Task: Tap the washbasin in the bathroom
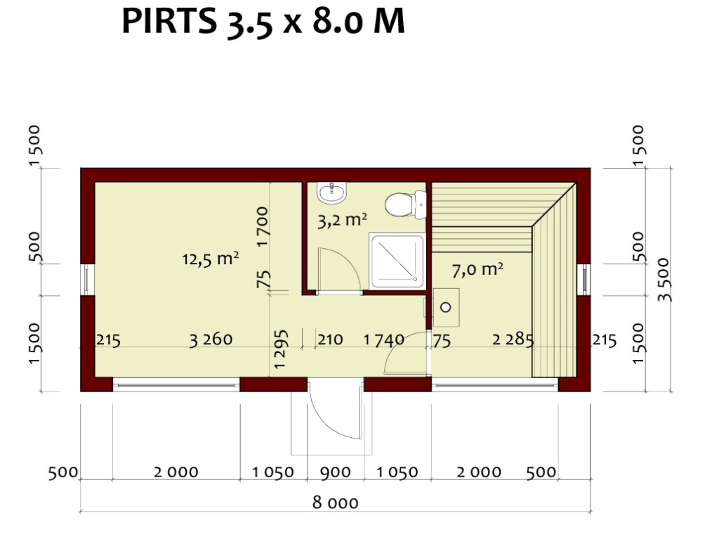click(x=332, y=193)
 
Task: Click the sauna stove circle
click(x=445, y=307)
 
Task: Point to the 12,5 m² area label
click(x=211, y=259)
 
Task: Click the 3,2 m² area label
click(x=342, y=220)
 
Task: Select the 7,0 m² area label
click(x=477, y=270)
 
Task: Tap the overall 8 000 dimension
click(x=335, y=503)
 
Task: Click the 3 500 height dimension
click(x=664, y=280)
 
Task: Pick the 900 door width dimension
click(x=335, y=472)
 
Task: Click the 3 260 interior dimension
click(x=211, y=339)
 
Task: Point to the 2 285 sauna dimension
click(x=513, y=339)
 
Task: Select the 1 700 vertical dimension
click(x=263, y=227)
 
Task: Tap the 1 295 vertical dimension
click(x=281, y=349)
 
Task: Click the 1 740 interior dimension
click(x=384, y=339)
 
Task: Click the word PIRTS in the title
click(x=169, y=20)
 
